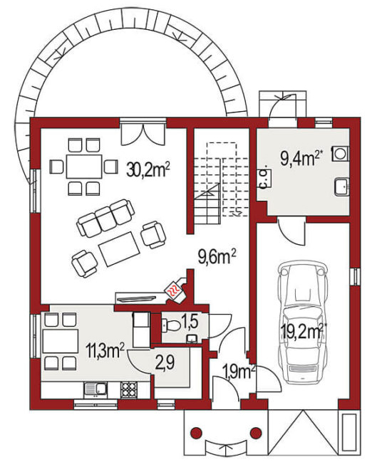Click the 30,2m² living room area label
coord(148,169)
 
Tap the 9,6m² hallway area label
coord(217,257)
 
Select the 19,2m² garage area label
coord(301,332)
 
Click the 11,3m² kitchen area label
coord(105,350)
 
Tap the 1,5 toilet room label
coord(190,322)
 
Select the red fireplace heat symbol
coord(173,289)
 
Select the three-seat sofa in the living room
coord(105,218)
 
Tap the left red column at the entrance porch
coord(196,433)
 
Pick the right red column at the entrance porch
coord(256,433)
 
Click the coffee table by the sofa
coord(119,248)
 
